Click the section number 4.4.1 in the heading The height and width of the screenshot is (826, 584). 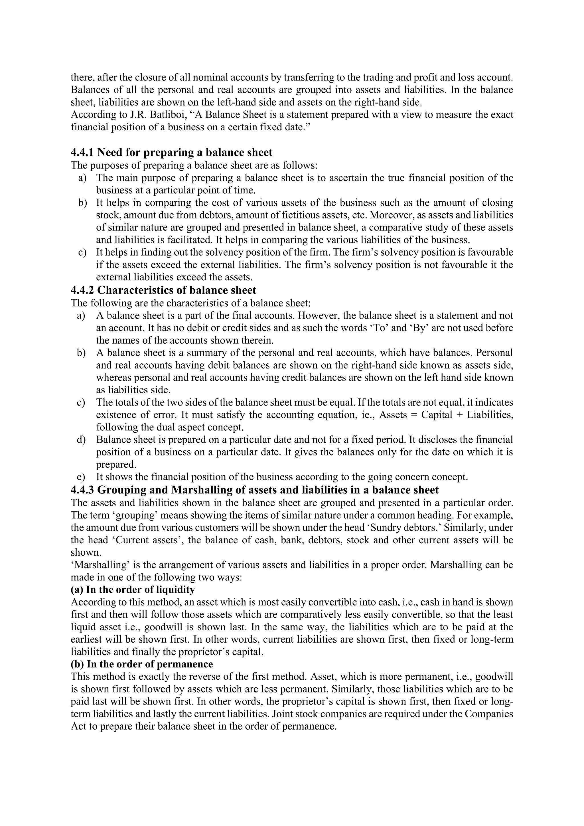[82, 153]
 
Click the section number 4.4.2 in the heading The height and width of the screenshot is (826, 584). [82, 290]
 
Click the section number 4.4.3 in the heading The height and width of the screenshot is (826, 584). [82, 490]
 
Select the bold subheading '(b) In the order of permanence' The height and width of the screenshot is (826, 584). [142, 664]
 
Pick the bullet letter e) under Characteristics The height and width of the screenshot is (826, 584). [81, 477]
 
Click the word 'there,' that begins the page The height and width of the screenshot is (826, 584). [82, 78]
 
